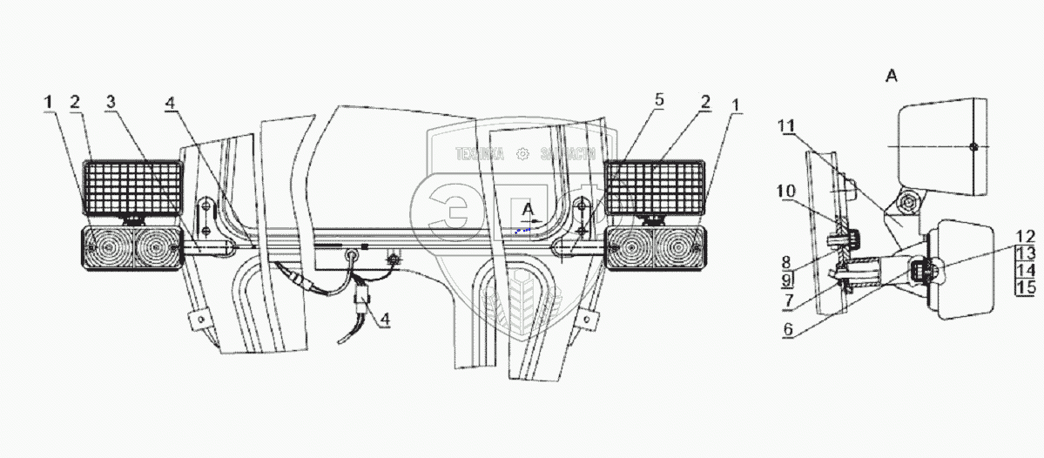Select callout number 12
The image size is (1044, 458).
click(1026, 236)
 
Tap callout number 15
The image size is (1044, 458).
click(1026, 286)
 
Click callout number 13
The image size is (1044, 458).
click(1026, 253)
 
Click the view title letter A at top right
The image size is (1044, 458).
click(891, 77)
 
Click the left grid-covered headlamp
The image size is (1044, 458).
click(132, 186)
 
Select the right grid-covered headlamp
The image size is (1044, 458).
click(655, 186)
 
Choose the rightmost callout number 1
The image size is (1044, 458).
click(737, 104)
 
